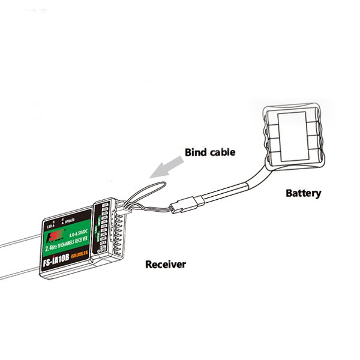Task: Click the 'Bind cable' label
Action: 209,152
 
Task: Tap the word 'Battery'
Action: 303,193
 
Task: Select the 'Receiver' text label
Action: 166,263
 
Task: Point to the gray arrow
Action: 164,168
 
